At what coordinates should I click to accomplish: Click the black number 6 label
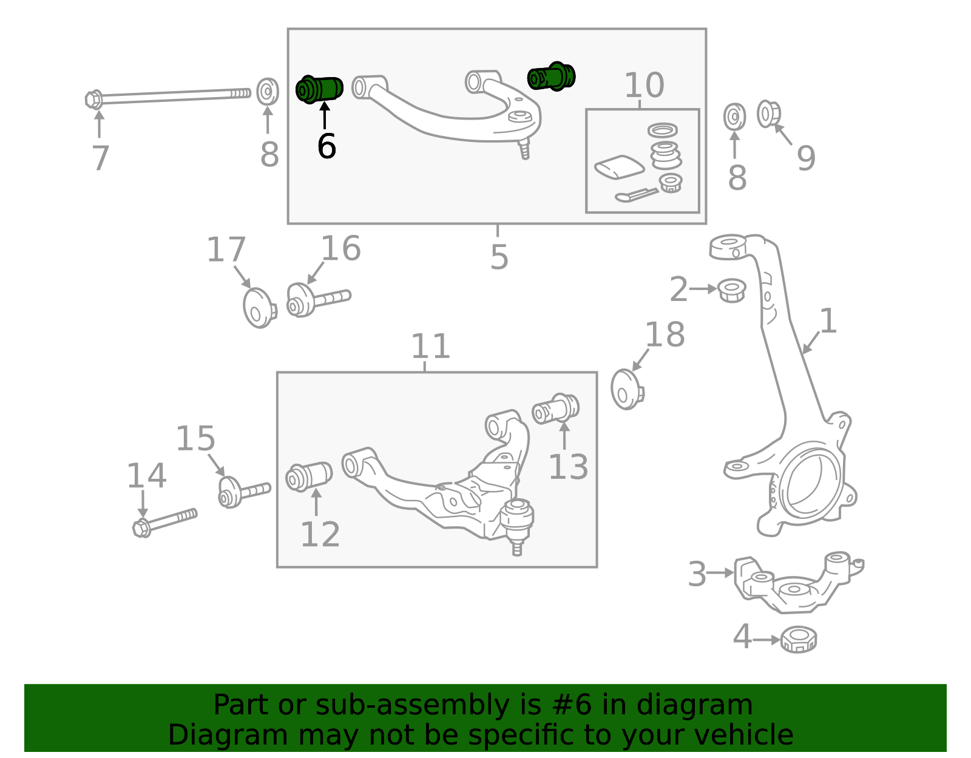[x=326, y=146]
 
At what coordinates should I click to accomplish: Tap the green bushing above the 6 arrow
[x=319, y=89]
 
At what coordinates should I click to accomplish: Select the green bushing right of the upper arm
[x=552, y=76]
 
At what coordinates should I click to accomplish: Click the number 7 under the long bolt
[x=100, y=158]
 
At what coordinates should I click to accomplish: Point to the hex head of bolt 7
[x=94, y=100]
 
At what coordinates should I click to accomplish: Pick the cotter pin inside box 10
[x=637, y=195]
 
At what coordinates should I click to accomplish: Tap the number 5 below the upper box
[x=499, y=257]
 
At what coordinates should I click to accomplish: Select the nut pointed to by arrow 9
[x=768, y=114]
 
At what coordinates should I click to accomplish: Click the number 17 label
[x=226, y=249]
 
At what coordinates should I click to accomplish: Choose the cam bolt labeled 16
[x=319, y=300]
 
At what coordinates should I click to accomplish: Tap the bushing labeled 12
[x=309, y=476]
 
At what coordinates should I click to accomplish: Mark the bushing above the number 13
[x=555, y=408]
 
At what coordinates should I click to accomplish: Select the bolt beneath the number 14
[x=165, y=523]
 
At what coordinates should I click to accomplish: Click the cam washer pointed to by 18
[x=627, y=389]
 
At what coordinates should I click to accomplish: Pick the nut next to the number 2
[x=731, y=290]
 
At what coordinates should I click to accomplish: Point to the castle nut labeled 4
[x=799, y=640]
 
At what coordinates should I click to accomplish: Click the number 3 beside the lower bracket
[x=697, y=574]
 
